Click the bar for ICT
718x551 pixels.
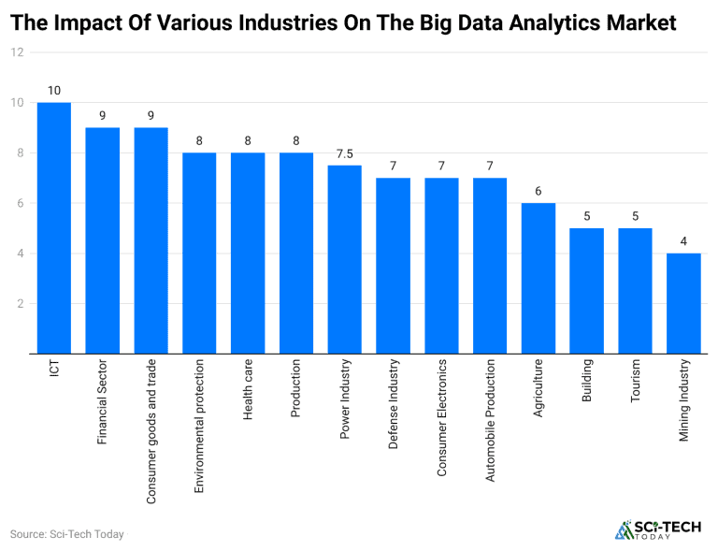pos(54,228)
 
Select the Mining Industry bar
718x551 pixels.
pos(683,303)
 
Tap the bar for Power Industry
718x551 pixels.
pos(344,259)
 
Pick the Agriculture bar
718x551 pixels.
pos(538,278)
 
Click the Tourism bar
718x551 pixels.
pos(635,291)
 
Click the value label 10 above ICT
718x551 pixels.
pos(54,91)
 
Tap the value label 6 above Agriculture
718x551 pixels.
pos(538,192)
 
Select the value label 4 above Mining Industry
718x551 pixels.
pos(683,242)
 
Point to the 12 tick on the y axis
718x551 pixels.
pos(17,52)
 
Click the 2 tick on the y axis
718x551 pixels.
pos(20,304)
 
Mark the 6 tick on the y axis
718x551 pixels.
pos(20,203)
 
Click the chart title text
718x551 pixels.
pos(343,23)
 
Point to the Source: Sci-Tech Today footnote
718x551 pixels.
pos(67,534)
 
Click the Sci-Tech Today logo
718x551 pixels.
pos(657,530)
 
